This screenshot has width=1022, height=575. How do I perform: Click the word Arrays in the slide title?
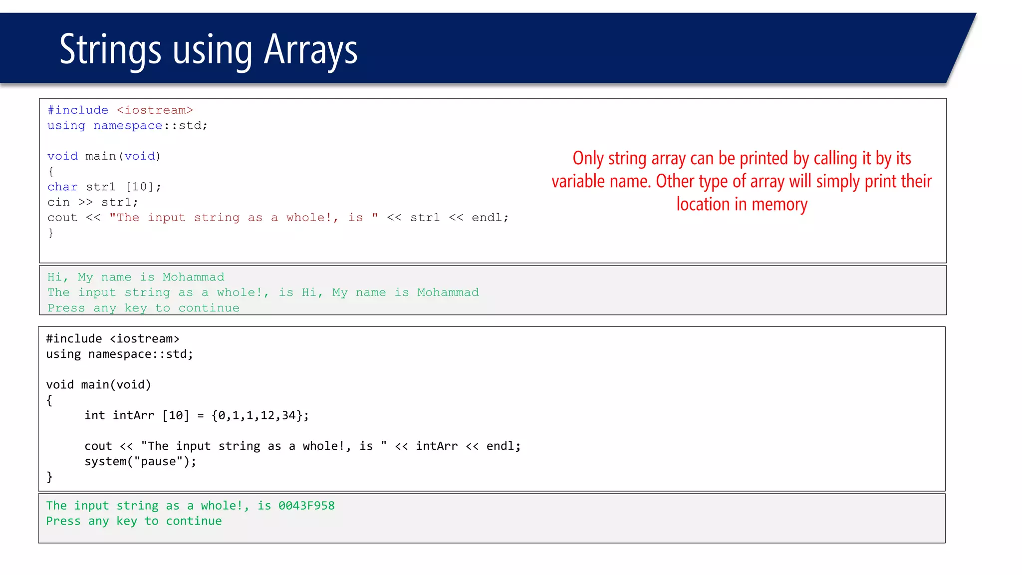pyautogui.click(x=310, y=50)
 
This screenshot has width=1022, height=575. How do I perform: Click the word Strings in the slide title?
pyautogui.click(x=110, y=50)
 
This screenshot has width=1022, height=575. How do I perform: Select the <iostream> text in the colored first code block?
pyautogui.click(x=155, y=110)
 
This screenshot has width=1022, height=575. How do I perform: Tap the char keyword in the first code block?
pyautogui.click(x=62, y=187)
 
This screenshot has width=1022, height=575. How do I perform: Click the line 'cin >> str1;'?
pyautogui.click(x=92, y=202)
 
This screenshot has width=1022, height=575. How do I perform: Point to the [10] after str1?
pyautogui.click(x=143, y=187)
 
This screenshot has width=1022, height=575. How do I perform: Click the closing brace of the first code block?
pyautogui.click(x=50, y=233)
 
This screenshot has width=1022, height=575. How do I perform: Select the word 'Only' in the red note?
pyautogui.click(x=588, y=158)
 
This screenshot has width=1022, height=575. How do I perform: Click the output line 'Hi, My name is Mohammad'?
pyautogui.click(x=136, y=277)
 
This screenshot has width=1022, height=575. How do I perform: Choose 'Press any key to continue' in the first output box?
pyautogui.click(x=143, y=308)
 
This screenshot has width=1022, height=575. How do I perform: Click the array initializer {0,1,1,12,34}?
pyautogui.click(x=260, y=415)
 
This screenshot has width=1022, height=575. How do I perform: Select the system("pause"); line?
pyautogui.click(x=140, y=461)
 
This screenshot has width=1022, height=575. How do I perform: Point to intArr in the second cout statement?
pyautogui.click(x=436, y=446)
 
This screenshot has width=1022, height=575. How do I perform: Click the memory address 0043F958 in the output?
pyautogui.click(x=306, y=506)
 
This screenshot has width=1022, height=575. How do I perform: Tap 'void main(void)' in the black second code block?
pyautogui.click(x=98, y=385)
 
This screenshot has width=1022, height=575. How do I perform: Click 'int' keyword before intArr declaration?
pyautogui.click(x=94, y=415)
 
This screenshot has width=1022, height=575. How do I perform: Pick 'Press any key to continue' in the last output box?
pyautogui.click(x=134, y=521)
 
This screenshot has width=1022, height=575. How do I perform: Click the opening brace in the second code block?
pyautogui.click(x=49, y=400)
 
